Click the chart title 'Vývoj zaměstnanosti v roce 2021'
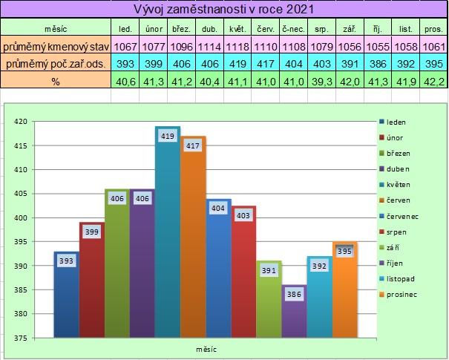click(x=223, y=10)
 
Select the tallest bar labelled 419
click(x=168, y=238)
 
